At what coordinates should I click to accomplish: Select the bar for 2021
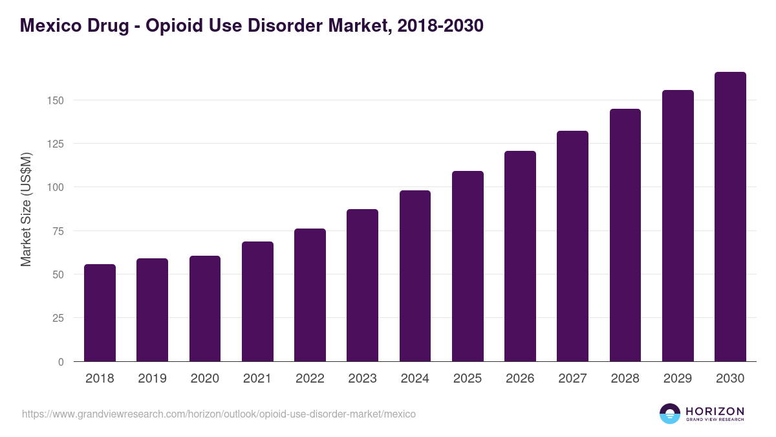(257, 302)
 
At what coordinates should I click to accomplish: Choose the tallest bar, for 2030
(730, 217)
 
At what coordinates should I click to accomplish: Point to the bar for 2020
(205, 309)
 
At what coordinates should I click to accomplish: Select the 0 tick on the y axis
(61, 362)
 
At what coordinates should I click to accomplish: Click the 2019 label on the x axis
(153, 379)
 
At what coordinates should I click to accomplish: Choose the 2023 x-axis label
(362, 379)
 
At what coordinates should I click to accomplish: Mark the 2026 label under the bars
(520, 379)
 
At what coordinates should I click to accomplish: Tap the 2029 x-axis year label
(678, 379)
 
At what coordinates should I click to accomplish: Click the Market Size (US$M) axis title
(26, 209)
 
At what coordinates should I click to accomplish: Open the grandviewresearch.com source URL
(219, 414)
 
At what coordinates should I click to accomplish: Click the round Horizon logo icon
(670, 414)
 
